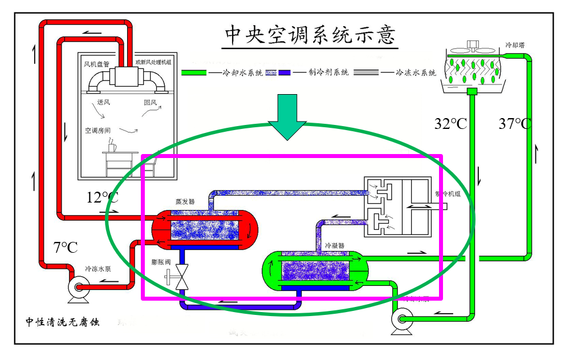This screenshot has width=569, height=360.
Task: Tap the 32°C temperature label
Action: (450, 124)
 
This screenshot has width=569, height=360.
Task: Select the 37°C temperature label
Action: (515, 124)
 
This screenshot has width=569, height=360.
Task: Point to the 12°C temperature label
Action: (103, 198)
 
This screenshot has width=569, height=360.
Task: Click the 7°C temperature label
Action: (66, 248)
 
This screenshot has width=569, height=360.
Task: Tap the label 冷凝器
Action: (335, 246)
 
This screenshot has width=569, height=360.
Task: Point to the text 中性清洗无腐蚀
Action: (62, 322)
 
